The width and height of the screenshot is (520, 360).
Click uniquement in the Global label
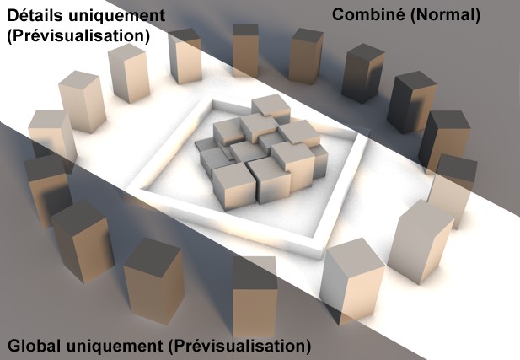113,346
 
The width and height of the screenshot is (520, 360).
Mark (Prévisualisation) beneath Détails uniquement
78,36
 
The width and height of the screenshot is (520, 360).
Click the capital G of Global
13,346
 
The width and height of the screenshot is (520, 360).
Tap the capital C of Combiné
339,13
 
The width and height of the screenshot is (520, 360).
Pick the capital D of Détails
13,16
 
